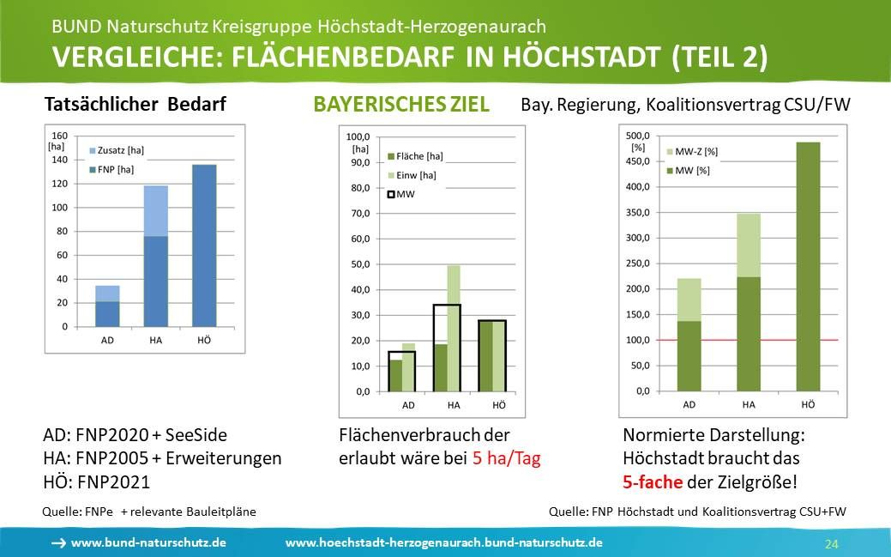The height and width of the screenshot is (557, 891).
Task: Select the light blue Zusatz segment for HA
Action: pos(155,210)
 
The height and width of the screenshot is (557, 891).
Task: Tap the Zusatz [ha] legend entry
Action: pos(114,150)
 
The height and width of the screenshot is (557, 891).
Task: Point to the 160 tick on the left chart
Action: pos(59,136)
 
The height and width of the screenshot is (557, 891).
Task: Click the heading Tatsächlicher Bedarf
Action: pos(135,106)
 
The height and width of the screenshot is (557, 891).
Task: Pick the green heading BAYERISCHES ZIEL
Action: pos(401,105)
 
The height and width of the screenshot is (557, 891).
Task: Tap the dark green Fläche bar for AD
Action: pos(395,375)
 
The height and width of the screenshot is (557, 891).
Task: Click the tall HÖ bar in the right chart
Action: pos(808,266)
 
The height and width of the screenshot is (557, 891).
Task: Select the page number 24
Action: pos(831,544)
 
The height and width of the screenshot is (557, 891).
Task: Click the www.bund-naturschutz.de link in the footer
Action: pos(148,543)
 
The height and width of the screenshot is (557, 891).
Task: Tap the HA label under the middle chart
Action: pos(453,405)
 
